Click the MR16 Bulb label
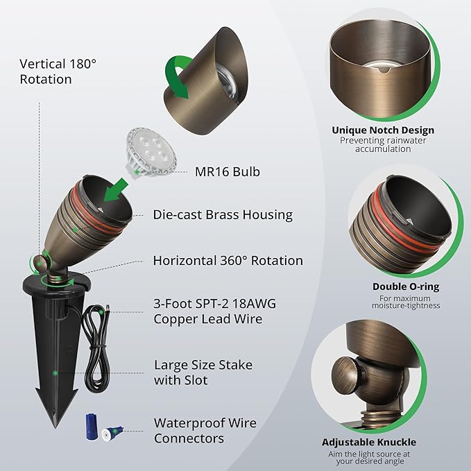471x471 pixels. (x=228, y=172)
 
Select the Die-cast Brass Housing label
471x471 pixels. (x=223, y=215)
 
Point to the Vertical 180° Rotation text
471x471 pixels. (x=58, y=71)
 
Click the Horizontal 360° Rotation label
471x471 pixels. (x=228, y=261)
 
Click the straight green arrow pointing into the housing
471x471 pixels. (x=116, y=190)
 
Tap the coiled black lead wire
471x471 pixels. (x=96, y=348)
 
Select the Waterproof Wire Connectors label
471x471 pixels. (x=205, y=431)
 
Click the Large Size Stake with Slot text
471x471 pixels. (x=203, y=372)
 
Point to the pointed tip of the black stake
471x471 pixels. (x=55, y=426)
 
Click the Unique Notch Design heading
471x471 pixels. (x=383, y=130)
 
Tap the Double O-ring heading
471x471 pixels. (x=406, y=286)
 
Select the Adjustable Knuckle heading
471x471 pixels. (x=369, y=442)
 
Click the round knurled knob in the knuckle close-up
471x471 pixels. (x=348, y=374)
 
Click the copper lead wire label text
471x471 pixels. (x=214, y=311)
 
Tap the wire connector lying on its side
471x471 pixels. (x=112, y=434)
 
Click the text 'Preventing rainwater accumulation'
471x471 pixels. (x=383, y=145)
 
